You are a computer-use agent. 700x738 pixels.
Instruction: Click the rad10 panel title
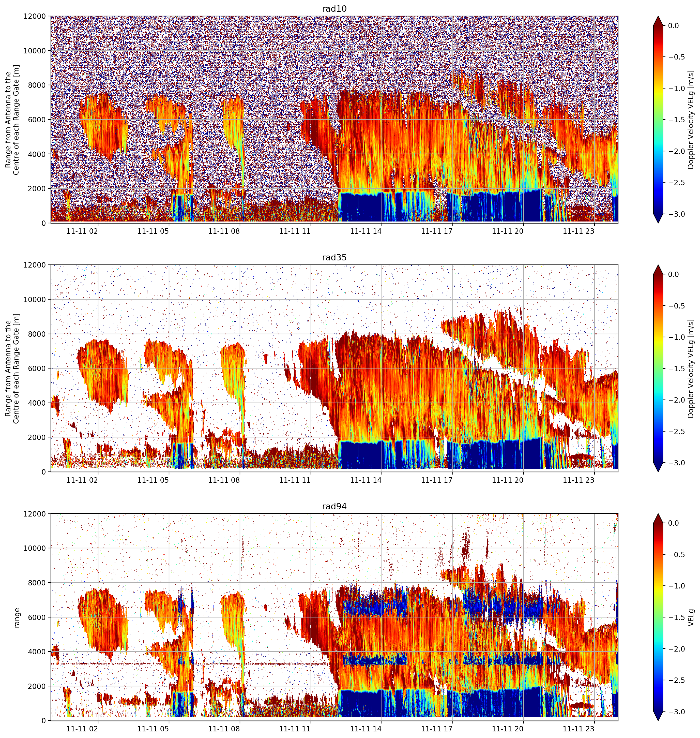pos(334,9)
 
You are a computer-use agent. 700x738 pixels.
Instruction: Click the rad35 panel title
pos(334,258)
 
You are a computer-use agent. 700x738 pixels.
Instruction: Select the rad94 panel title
pos(334,507)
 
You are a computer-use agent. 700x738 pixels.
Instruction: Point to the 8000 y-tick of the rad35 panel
pos(37,334)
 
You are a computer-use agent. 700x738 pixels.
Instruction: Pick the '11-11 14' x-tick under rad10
pos(366,231)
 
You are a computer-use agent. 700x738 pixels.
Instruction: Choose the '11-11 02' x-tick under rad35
pos(82,480)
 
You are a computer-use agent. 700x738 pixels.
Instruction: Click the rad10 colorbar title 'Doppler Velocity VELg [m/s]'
pos(691,120)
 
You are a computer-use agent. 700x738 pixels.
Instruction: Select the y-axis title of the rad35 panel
pos(12,369)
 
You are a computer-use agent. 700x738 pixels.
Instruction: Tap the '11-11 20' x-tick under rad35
pos(508,480)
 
